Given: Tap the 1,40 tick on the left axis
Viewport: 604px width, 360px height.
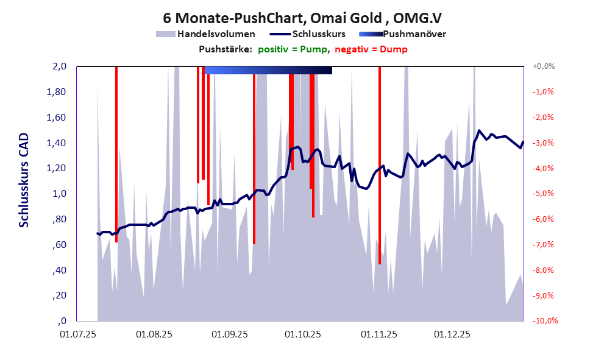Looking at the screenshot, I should pos(56,143).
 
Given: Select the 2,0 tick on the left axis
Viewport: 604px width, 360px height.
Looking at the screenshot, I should pos(59,66).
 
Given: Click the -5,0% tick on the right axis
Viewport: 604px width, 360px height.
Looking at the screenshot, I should pos(543,194).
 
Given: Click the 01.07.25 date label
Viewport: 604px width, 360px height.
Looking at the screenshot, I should pos(78,334).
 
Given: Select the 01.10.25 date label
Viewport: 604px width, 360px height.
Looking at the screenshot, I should pos(304,334).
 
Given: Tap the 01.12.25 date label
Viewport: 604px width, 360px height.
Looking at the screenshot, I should pos(452,334).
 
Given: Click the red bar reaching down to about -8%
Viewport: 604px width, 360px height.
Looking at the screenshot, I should pos(379,183).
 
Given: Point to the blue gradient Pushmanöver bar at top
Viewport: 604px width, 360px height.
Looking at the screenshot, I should pos(268,71).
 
